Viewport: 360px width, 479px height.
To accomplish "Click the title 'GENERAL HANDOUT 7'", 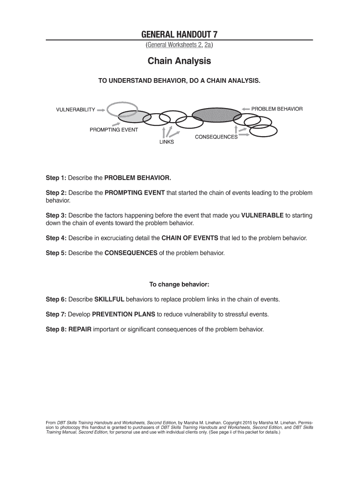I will [x=180, y=34].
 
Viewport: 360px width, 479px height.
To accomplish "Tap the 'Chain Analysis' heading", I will [x=180, y=61].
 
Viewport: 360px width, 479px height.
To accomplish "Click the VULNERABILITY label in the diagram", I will [x=76, y=110].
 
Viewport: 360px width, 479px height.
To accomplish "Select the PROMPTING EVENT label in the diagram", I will [x=114, y=130].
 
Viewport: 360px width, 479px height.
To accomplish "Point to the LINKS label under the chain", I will [x=166, y=142].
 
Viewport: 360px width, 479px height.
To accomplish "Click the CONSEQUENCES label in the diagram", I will [x=216, y=137].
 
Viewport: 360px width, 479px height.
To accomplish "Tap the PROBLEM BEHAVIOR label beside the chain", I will [x=277, y=109].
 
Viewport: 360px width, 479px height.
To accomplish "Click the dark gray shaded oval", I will [x=216, y=115].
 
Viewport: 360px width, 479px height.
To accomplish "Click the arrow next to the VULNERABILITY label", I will [x=101, y=110].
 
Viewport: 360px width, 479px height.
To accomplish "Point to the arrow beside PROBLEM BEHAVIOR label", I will [x=246, y=109].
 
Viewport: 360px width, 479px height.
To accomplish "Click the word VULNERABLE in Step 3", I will [x=262, y=215].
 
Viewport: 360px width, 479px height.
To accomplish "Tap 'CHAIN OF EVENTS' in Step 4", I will [x=189, y=238].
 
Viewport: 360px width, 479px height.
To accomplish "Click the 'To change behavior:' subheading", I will [x=179, y=284].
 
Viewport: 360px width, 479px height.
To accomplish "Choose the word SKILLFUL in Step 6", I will [x=109, y=299].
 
